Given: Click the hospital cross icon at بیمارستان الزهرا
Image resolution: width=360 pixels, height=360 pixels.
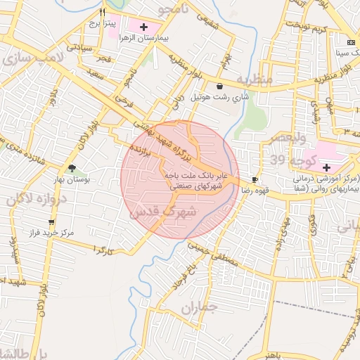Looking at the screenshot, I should (144, 27).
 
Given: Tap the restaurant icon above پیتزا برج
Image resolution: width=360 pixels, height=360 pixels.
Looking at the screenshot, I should (103, 12).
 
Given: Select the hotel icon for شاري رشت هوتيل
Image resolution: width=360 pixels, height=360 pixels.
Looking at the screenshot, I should (220, 86).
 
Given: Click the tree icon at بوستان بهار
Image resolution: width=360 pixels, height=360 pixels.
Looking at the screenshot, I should (71, 167).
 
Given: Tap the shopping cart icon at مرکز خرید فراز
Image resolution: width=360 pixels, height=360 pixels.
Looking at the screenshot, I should (50, 221).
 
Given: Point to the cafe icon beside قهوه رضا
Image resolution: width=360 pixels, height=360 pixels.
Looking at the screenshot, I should (255, 180).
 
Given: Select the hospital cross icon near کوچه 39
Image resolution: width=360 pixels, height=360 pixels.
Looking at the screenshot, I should (326, 167).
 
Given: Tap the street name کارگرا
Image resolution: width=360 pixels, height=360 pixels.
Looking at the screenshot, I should (103, 250).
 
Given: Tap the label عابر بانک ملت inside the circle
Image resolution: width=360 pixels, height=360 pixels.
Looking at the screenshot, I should (195, 174).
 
